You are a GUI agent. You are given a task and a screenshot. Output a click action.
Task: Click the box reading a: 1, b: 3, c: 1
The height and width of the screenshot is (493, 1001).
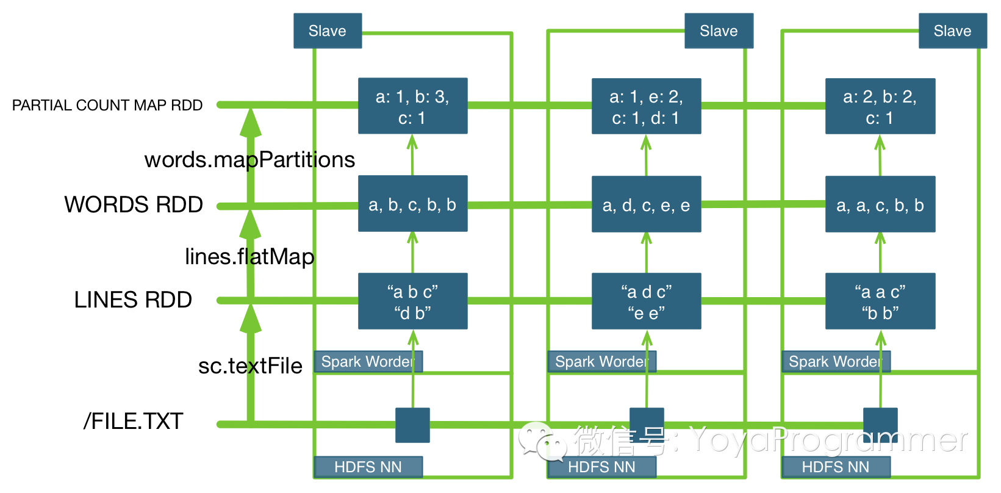click(x=412, y=106)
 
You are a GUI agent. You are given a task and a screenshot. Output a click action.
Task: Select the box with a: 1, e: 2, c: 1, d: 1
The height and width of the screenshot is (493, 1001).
click(x=646, y=106)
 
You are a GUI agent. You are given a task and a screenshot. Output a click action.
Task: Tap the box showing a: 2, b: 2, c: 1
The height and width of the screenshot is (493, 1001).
click(x=880, y=106)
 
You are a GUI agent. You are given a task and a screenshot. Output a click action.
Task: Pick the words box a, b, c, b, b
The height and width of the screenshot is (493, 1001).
click(x=412, y=204)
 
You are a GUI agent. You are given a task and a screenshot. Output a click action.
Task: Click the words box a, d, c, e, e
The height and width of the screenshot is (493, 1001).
click(x=646, y=204)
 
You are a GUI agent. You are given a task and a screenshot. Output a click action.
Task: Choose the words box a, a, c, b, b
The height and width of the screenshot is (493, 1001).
click(x=880, y=204)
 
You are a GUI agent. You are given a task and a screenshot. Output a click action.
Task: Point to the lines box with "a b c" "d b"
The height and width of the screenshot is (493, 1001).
click(x=412, y=301)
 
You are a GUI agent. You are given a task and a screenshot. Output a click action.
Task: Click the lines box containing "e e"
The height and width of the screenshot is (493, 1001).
click(x=646, y=301)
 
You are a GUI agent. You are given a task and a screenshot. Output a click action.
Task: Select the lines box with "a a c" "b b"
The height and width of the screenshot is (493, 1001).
click(x=880, y=301)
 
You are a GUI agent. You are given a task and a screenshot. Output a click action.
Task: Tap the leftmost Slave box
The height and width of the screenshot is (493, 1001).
click(x=328, y=31)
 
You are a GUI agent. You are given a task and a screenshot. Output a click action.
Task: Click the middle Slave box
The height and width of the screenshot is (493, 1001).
click(x=719, y=31)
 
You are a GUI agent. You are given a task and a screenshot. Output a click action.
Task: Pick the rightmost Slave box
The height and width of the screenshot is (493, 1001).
click(x=952, y=31)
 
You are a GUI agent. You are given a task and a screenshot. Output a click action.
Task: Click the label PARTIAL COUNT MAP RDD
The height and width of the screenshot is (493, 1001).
click(x=107, y=106)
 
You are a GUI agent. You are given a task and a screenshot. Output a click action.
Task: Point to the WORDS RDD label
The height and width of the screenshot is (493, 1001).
click(x=134, y=204)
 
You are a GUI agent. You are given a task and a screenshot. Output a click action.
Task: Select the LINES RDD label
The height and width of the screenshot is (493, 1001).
click(x=133, y=300)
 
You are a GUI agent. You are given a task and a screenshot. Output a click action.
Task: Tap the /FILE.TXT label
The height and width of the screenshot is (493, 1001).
click(x=133, y=421)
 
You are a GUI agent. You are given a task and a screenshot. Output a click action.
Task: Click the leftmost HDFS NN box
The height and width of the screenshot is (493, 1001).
click(x=368, y=467)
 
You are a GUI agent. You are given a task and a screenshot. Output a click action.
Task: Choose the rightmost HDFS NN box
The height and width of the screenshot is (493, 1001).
click(x=835, y=467)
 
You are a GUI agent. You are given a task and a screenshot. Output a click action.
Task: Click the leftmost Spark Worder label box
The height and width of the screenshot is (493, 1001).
click(x=368, y=362)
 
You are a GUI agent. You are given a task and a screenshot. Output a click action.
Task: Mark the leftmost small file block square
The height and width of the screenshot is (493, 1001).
click(x=412, y=425)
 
